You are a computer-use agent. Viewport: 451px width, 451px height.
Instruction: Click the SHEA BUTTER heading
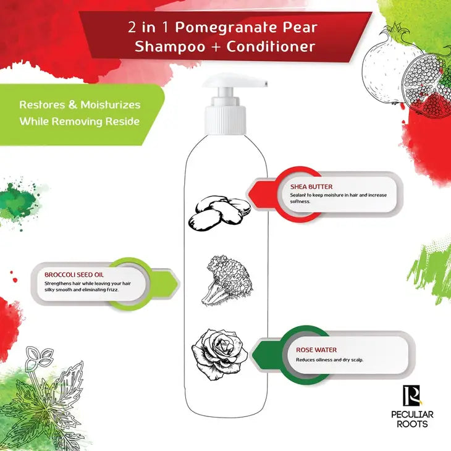[311, 187]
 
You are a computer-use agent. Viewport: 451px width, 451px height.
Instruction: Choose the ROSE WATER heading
[316, 350]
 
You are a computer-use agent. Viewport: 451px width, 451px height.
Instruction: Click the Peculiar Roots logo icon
[411, 396]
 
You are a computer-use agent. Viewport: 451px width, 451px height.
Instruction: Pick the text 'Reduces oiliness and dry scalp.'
[329, 360]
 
